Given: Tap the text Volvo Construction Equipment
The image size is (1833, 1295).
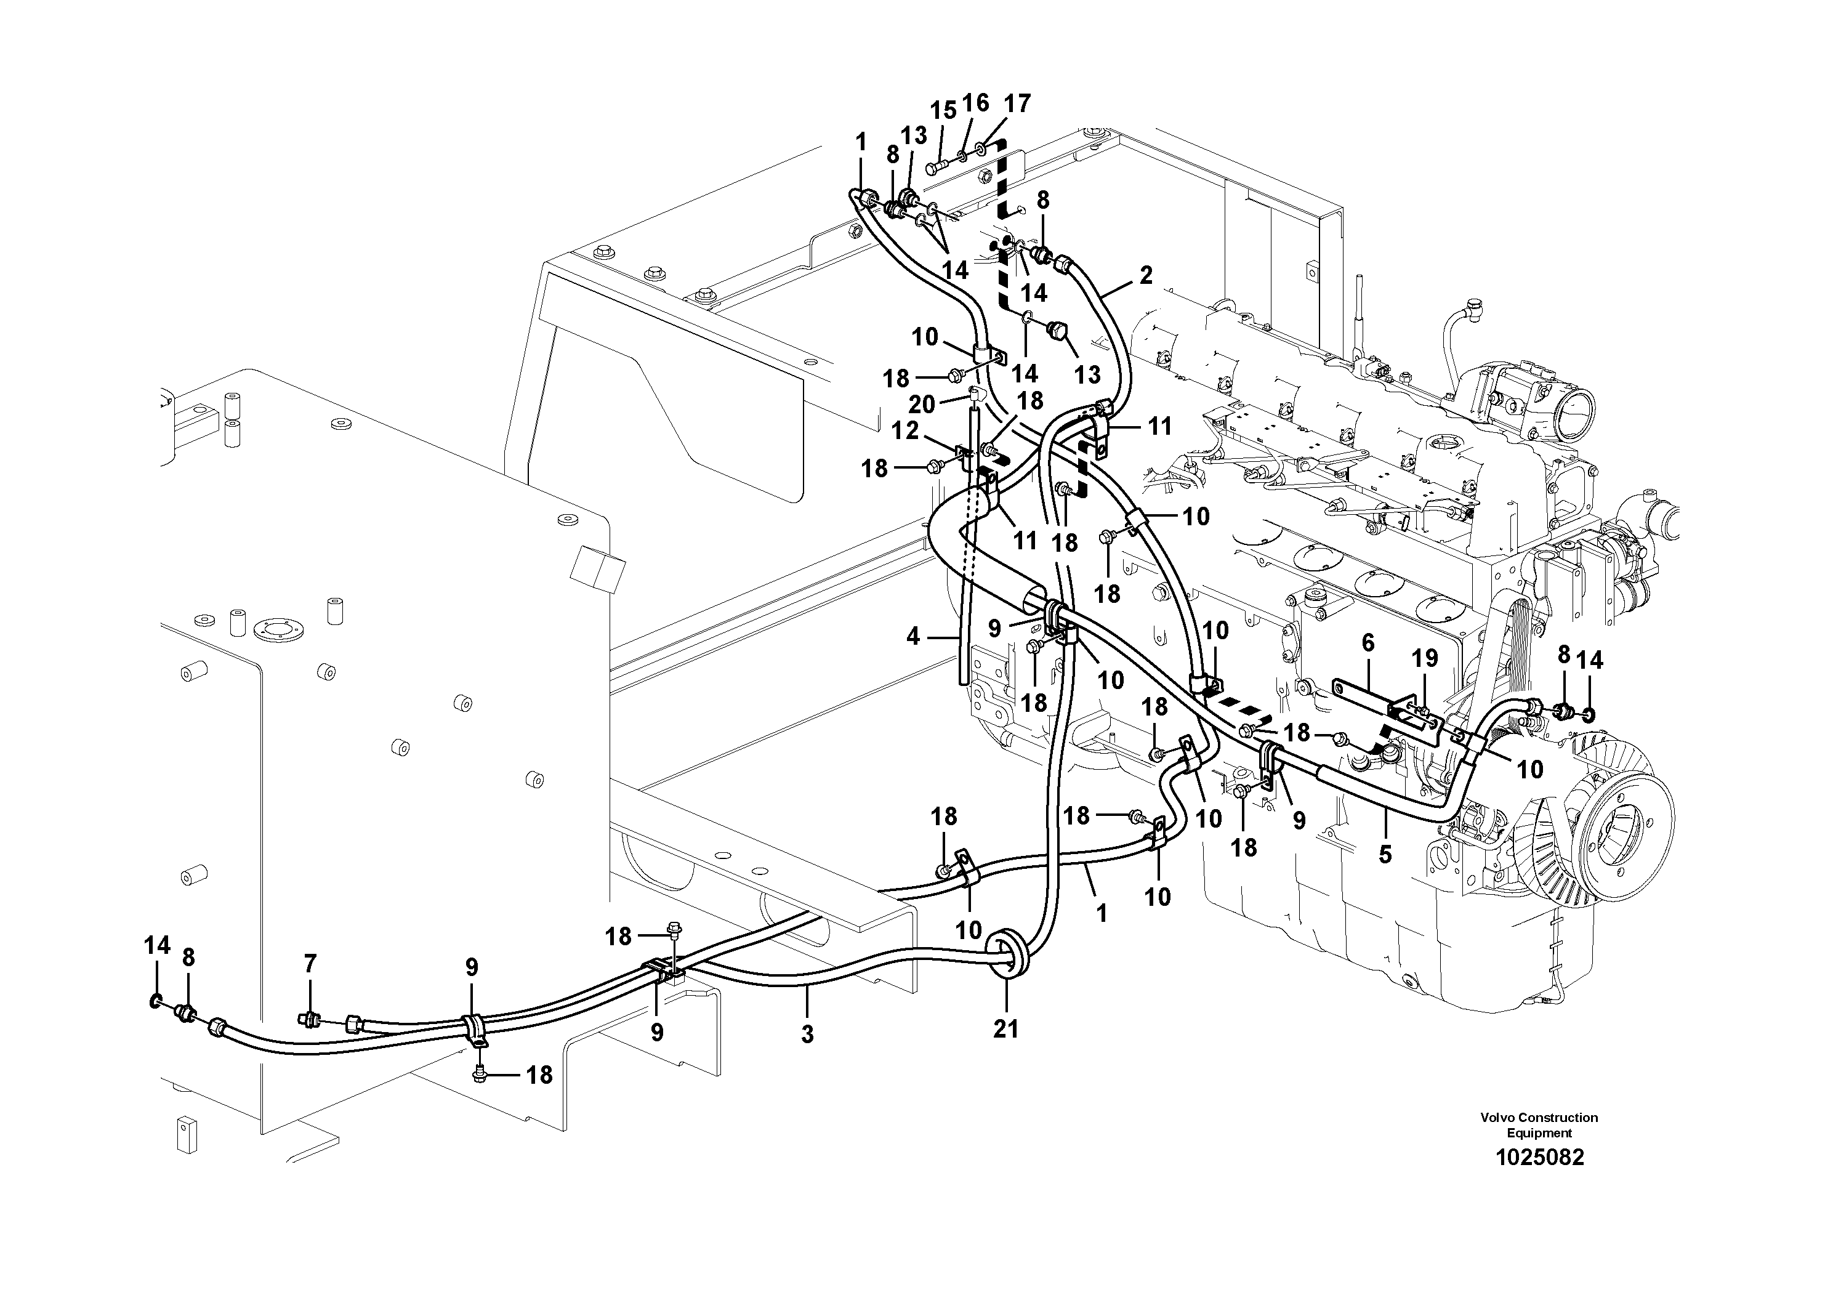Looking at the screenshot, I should pyautogui.click(x=1539, y=1125).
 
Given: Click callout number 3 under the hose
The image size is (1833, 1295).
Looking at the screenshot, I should pyautogui.click(x=807, y=1034).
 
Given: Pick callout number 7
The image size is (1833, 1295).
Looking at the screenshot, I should pyautogui.click(x=310, y=964).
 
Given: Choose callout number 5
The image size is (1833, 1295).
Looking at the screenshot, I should pyautogui.click(x=1385, y=853).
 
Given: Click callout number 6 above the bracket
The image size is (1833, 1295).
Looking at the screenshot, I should pyautogui.click(x=1368, y=643).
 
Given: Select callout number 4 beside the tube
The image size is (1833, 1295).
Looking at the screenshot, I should pyautogui.click(x=913, y=635).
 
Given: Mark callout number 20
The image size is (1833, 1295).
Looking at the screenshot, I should pyautogui.click(x=922, y=404).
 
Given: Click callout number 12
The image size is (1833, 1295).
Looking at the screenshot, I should pyautogui.click(x=904, y=431).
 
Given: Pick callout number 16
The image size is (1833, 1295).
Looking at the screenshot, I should pyautogui.click(x=975, y=103).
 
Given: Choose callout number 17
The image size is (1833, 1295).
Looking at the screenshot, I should pyautogui.click(x=1017, y=103).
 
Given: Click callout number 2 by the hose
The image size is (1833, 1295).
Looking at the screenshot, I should pyautogui.click(x=1146, y=275).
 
